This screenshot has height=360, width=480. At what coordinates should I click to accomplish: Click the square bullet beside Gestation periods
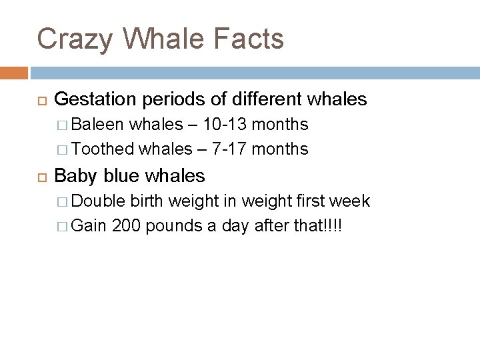(x=39, y=101)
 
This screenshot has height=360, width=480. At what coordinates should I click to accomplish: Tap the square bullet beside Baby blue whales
(x=39, y=177)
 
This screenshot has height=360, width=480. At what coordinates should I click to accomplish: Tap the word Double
(x=99, y=201)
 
